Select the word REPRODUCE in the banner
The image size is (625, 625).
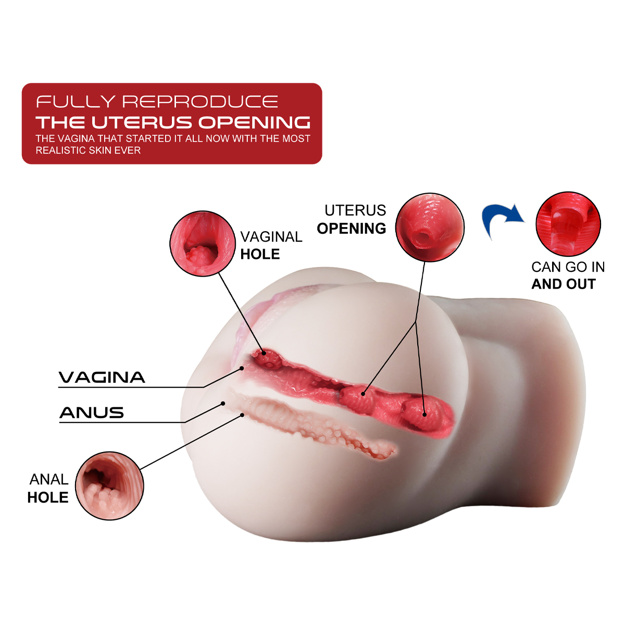pos(201,102)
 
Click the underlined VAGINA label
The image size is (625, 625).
pos(102,377)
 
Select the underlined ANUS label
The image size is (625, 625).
pos(92,413)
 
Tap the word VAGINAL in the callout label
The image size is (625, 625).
pos(271,237)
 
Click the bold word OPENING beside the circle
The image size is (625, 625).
pos(352,229)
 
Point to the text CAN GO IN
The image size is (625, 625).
pos(568,267)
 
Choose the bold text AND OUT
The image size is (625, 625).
pos(564,284)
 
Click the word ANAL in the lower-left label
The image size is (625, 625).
pos(49,479)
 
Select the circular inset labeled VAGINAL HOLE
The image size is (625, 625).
pos(203,244)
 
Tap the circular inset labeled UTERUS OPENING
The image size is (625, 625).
pos(430,227)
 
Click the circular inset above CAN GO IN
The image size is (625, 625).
pos(568,224)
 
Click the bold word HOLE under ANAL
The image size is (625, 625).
pos(48,497)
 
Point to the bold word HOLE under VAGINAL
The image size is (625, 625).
pos(260,254)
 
